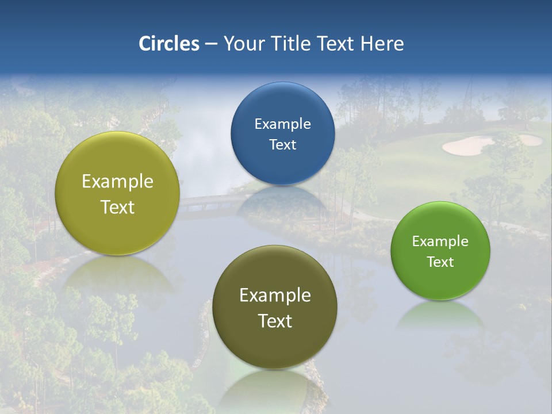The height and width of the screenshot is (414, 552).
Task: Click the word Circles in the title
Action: click(168, 44)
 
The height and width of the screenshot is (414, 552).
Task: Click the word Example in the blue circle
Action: click(282, 124)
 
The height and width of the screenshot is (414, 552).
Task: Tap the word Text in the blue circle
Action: click(282, 145)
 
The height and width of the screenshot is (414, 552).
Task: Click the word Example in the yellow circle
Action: click(117, 182)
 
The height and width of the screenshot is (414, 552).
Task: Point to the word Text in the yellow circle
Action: click(117, 207)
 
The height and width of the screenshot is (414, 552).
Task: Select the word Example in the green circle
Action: click(440, 241)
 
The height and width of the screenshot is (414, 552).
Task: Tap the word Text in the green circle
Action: click(440, 262)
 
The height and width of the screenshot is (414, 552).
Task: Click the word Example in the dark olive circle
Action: click(275, 296)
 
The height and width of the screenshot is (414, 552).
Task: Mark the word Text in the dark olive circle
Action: click(275, 321)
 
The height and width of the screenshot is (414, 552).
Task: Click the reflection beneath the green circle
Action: click(440, 316)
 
